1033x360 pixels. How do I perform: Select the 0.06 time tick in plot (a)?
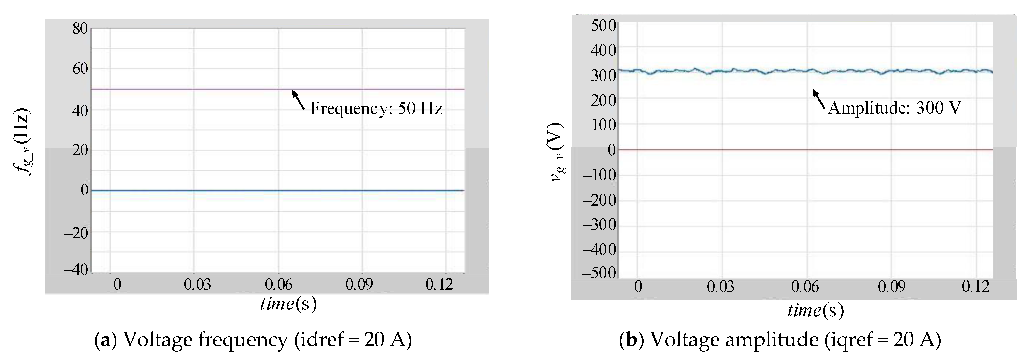click(x=279, y=285)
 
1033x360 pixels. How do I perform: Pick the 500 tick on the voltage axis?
click(x=603, y=26)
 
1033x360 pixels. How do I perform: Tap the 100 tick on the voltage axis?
click(x=603, y=125)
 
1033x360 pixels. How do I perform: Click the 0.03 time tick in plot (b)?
click(x=721, y=287)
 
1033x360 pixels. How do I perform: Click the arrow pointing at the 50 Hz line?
click(x=298, y=99)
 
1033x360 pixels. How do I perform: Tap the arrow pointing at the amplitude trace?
click(x=819, y=99)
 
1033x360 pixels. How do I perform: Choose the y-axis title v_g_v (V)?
click(x=557, y=152)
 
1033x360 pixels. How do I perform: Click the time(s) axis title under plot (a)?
click(x=288, y=304)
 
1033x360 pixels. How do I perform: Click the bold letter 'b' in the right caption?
click(x=631, y=340)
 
